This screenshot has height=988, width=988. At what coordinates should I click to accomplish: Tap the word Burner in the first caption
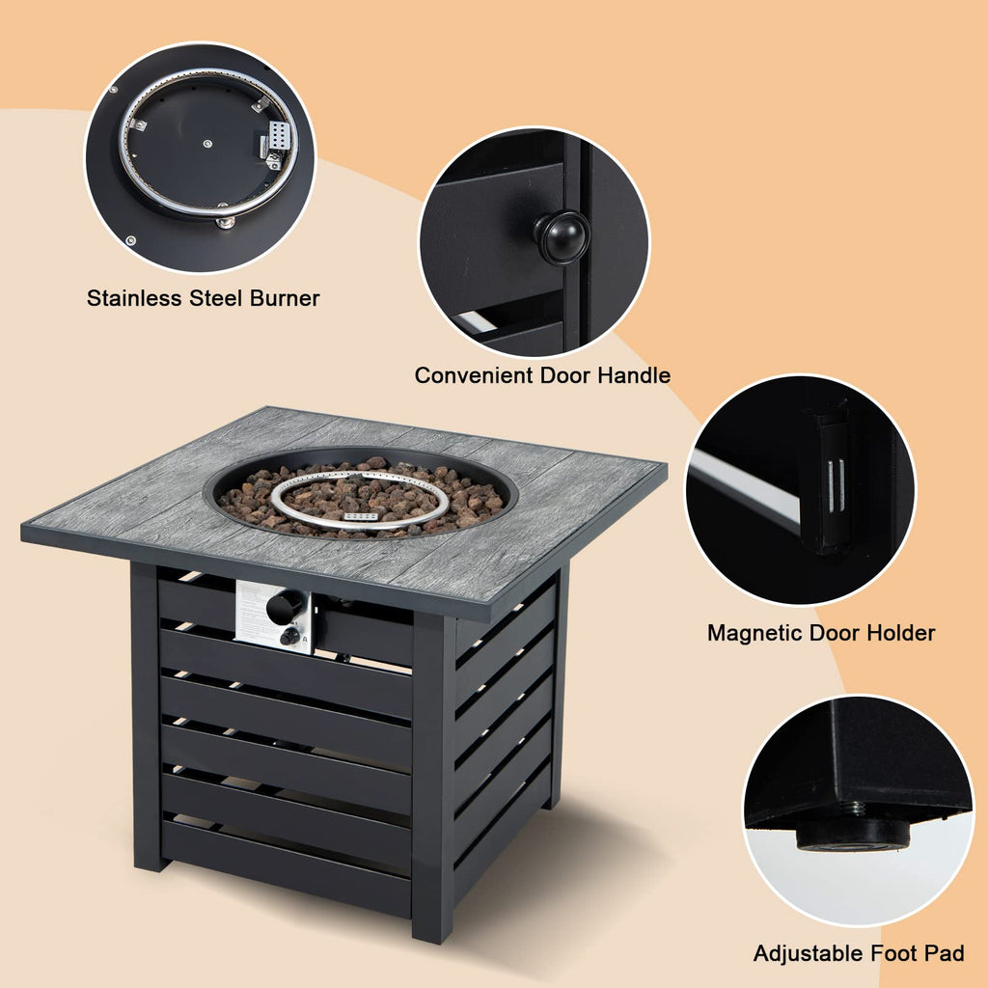tap(285, 298)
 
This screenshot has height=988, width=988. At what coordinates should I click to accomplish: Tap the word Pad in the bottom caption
tap(945, 953)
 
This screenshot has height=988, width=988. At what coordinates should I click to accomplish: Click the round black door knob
tap(561, 237)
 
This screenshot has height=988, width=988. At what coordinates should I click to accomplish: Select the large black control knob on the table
tap(285, 607)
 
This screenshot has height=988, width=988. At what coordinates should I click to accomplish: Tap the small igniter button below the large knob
tap(289, 637)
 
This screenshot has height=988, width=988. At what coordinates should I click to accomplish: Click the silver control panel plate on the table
tap(273, 617)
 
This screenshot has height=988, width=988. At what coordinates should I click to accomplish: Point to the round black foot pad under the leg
tap(854, 836)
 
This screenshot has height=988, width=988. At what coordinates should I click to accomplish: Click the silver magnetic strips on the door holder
tap(837, 486)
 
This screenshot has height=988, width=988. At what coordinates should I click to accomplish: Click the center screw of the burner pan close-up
tap(207, 144)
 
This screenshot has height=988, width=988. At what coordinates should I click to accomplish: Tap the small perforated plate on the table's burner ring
tap(361, 517)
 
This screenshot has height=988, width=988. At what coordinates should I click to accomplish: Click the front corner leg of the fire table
tap(433, 778)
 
